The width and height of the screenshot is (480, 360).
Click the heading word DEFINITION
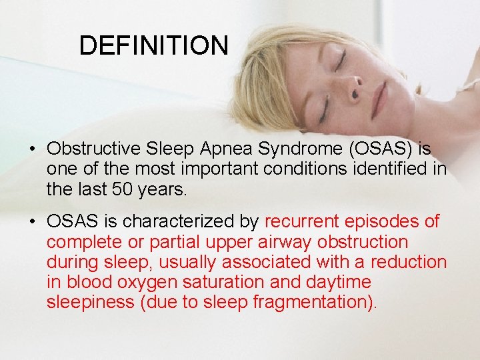(153, 45)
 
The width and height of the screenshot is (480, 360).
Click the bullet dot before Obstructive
(32, 147)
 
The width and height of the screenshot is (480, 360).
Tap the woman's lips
(379, 98)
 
